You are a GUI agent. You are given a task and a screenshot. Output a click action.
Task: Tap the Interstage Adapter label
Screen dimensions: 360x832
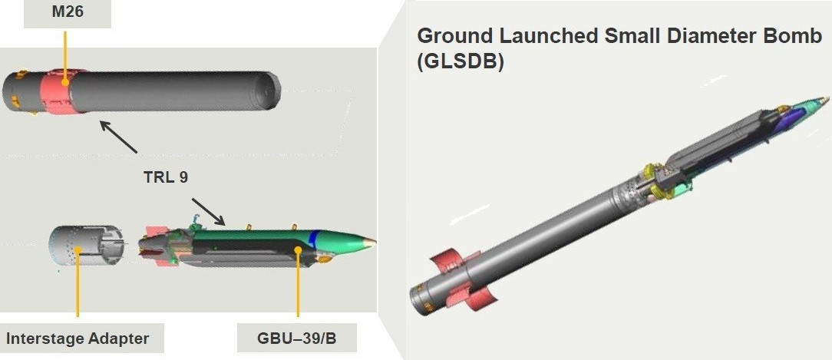(x=78, y=338)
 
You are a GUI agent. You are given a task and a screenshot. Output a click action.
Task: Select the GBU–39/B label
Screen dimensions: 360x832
(x=297, y=338)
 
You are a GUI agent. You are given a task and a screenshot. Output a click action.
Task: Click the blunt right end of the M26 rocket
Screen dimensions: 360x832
(x=272, y=93)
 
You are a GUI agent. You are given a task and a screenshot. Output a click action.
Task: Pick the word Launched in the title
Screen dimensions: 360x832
(x=561, y=36)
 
